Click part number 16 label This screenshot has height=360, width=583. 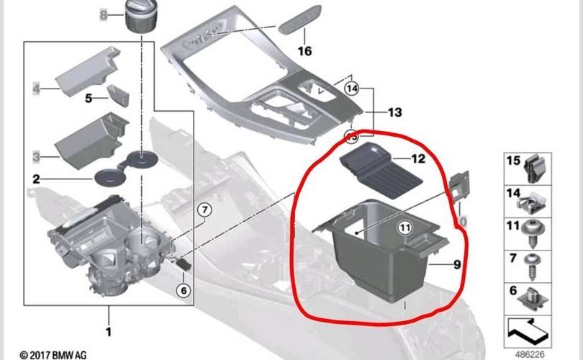point(305,51)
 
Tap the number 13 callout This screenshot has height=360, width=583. point(394,113)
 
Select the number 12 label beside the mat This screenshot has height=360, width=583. point(419,158)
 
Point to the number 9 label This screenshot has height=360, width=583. point(456,264)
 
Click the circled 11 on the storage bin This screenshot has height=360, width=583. point(405,228)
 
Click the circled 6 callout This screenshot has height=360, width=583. point(183,290)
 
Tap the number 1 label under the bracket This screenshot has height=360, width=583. point(109,333)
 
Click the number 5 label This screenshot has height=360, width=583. point(89,98)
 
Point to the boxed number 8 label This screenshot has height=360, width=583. point(102,15)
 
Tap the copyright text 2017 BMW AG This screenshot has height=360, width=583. point(53,354)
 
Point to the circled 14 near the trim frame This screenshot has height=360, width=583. point(351,89)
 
